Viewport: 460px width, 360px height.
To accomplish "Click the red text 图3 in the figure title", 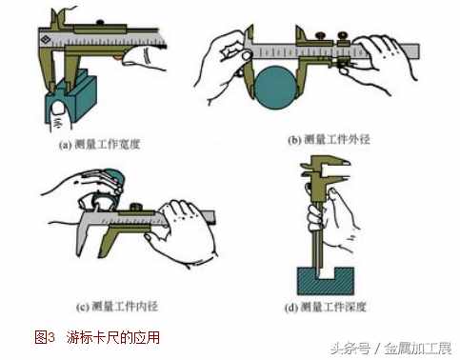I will click(x=45, y=337).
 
